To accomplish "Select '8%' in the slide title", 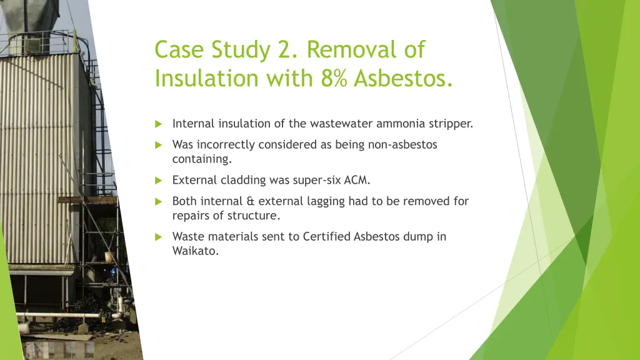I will pyautogui.click(x=334, y=79).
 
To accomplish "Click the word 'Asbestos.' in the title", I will pyautogui.click(x=404, y=79).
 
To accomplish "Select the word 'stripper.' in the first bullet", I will pyautogui.click(x=451, y=124).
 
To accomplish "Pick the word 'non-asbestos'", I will pyautogui.click(x=403, y=145).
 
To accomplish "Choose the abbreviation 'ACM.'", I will pyautogui.click(x=357, y=181).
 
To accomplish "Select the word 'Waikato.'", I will pyautogui.click(x=196, y=252).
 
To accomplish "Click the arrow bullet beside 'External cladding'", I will pyautogui.click(x=158, y=181).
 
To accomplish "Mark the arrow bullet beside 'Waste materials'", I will pyautogui.click(x=158, y=237).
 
